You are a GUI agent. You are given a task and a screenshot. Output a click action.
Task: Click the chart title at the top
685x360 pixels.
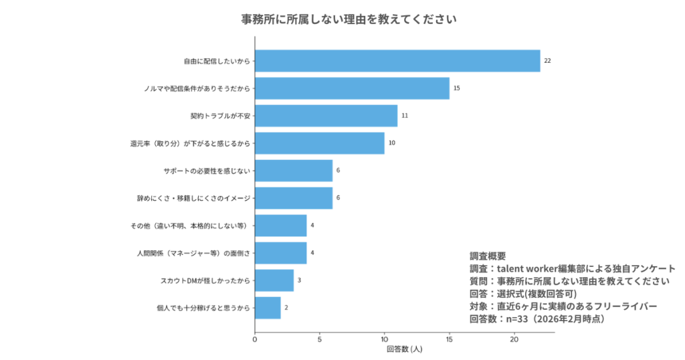pyautogui.click(x=349, y=19)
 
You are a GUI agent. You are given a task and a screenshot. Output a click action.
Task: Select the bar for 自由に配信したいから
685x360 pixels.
pyautogui.click(x=397, y=61)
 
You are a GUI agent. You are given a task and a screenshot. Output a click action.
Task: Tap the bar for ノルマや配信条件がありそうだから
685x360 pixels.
pyautogui.click(x=352, y=88)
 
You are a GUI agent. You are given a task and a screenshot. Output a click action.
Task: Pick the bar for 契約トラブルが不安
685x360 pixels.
pyautogui.click(x=326, y=116)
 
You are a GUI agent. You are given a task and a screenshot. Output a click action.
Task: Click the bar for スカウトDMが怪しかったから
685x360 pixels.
pyautogui.click(x=274, y=280)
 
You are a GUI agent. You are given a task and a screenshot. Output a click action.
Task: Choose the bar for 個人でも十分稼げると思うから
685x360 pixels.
pyautogui.click(x=268, y=308)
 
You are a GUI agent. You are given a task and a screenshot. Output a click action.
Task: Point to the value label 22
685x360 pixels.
pyautogui.click(x=547, y=61)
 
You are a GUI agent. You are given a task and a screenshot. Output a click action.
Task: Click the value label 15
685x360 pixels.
pyautogui.click(x=456, y=88)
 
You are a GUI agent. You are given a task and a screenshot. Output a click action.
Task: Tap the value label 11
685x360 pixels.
pyautogui.click(x=405, y=116)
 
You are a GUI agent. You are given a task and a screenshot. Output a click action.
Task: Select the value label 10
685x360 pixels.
pyautogui.click(x=392, y=143)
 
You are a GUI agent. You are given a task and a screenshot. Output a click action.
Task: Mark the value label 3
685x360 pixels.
pyautogui.click(x=299, y=280)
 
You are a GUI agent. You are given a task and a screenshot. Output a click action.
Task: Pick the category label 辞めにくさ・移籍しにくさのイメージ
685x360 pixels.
pyautogui.click(x=193, y=198)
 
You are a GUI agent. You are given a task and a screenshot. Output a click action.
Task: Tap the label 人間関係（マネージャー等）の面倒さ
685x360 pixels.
pyautogui.click(x=193, y=253)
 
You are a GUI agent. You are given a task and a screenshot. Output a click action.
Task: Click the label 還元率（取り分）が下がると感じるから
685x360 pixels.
pyautogui.click(x=189, y=143)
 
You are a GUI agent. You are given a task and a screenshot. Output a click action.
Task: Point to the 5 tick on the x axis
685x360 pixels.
pyautogui.click(x=320, y=339)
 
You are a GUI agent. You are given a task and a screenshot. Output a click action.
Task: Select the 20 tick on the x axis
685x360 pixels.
pyautogui.click(x=514, y=339)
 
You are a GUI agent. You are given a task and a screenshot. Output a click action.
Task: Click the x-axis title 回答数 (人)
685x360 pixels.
pyautogui.click(x=404, y=349)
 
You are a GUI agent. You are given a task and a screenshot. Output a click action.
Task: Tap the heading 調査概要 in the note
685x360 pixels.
pyautogui.click(x=488, y=256)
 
